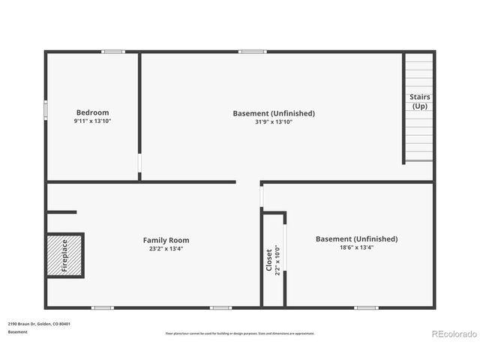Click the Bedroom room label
tap(92, 112)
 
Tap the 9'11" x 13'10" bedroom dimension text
tap(92, 121)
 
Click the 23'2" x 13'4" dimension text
tap(166, 248)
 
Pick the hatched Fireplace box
tap(64, 255)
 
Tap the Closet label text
tap(269, 259)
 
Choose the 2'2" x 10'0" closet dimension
tap(277, 259)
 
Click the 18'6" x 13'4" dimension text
tap(356, 247)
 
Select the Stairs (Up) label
tap(419, 101)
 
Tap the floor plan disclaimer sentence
tap(240, 333)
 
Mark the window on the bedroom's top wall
tap(113, 52)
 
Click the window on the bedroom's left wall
tap(46, 109)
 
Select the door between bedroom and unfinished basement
tap(139, 164)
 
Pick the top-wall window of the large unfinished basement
tap(253, 52)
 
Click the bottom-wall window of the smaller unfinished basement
tap(366, 307)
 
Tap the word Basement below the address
tap(18, 331)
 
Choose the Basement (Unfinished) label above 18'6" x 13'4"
tap(356, 239)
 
